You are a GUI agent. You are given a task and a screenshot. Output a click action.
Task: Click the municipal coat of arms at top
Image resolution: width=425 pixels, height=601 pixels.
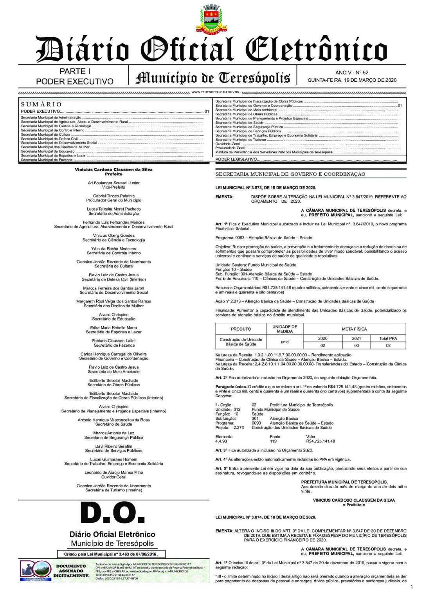tap(211, 18)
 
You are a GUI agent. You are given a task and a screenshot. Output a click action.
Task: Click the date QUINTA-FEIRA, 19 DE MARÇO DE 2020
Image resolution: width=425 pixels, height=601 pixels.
tap(351, 80)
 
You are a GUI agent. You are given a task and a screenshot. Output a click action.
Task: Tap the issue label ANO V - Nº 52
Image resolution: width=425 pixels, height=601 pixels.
tap(351, 72)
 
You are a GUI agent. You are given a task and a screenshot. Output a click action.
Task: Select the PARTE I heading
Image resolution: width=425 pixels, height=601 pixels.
tap(75, 71)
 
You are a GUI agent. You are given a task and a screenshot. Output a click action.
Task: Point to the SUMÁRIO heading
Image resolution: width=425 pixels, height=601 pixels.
tap(41, 104)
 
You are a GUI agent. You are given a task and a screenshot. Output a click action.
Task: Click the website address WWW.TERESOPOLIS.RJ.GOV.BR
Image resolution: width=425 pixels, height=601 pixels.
tap(215, 92)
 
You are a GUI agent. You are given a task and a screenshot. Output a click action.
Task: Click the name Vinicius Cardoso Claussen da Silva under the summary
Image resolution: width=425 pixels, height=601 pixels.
tap(113, 169)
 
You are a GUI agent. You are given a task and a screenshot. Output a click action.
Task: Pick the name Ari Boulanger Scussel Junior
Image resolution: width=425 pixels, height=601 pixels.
tap(113, 183)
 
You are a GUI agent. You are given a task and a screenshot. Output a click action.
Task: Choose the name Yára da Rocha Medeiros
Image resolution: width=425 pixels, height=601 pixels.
tap(113, 248)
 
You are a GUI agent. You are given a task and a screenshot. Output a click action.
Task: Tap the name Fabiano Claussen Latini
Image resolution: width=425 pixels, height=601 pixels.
tap(113, 341)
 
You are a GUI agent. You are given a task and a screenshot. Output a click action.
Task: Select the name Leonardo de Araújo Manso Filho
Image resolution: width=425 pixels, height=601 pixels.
tap(113, 472)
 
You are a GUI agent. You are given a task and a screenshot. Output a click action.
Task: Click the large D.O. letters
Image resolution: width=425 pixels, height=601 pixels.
tap(112, 513)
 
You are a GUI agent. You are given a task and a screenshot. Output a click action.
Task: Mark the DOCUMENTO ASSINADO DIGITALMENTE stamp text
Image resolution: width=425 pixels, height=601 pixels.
tap(71, 571)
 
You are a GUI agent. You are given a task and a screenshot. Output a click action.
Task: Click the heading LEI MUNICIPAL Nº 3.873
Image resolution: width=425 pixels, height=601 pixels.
tap(265, 188)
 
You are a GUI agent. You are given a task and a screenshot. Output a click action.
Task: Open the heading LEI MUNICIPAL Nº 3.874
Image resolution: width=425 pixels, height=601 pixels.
tap(265, 517)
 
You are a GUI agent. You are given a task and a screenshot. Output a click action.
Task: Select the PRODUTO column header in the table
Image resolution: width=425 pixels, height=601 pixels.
tap(241, 329)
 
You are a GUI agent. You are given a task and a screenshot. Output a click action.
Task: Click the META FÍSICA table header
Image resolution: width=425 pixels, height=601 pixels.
tap(354, 329)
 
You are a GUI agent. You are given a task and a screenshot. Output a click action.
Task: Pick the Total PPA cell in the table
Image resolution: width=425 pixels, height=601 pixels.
tap(388, 338)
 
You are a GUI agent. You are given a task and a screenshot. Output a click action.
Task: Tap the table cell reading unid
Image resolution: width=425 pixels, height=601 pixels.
tap(285, 342)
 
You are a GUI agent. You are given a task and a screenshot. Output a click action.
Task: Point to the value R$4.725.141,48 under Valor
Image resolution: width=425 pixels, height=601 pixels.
tap(320, 441)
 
